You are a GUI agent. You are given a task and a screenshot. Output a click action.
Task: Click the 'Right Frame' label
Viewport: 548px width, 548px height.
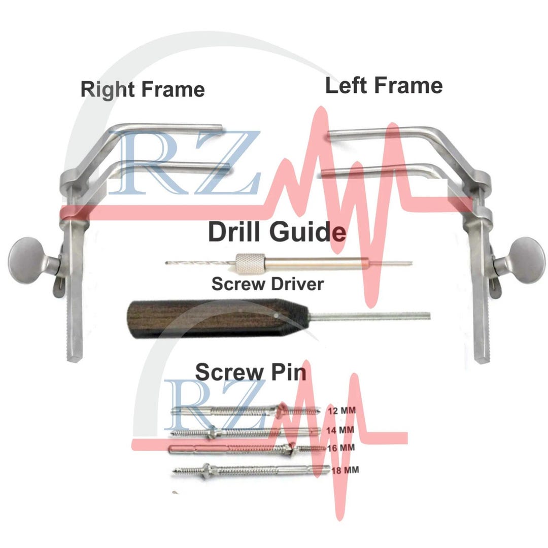pos(143,89)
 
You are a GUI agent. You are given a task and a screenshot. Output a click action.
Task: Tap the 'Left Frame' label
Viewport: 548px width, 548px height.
pos(384,86)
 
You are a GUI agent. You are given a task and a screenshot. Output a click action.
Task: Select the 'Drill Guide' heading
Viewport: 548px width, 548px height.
pos(277,231)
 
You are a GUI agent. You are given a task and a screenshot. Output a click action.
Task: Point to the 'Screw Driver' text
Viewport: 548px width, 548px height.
pos(267,284)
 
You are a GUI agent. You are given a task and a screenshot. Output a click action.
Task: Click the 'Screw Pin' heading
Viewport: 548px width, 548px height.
pos(251,372)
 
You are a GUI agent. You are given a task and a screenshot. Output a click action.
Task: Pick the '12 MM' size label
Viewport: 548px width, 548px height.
pos(342,410)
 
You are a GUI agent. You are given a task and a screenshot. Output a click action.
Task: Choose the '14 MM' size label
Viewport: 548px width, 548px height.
pos(340,430)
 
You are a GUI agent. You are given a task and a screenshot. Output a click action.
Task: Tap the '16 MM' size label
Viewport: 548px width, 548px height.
pos(341,448)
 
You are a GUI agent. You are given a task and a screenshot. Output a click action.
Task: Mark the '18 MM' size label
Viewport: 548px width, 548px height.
pos(345,470)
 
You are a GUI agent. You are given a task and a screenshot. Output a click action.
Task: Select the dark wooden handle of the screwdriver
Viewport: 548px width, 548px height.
pos(217,318)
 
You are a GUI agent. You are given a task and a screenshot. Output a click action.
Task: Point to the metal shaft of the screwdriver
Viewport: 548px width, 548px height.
pos(369,316)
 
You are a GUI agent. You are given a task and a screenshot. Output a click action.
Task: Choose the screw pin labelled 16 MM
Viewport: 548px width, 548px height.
pos(247,449)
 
